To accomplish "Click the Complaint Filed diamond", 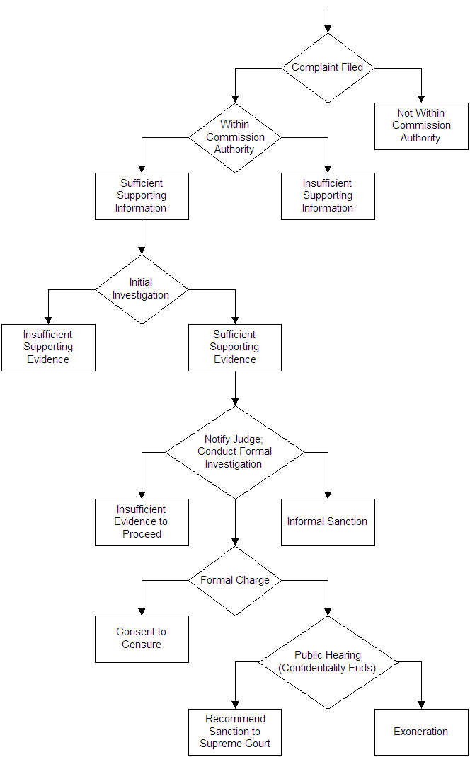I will point(328,68).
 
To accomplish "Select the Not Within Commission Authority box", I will point(421,126).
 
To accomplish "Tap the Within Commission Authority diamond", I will point(234,137).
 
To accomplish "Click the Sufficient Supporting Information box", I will point(142,196).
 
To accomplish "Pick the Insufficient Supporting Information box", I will point(328,196).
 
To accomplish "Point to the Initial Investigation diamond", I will point(142,289).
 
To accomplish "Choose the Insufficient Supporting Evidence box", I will point(48,347).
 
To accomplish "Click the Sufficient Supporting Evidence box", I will point(234,347).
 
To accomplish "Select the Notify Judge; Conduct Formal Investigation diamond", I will point(234,451).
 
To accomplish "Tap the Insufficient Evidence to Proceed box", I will point(142,522).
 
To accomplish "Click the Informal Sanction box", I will point(328,522).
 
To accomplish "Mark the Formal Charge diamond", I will point(234,580).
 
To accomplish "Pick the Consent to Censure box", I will point(142,639).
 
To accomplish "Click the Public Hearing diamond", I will point(328,662).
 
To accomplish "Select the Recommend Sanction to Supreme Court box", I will point(234,732).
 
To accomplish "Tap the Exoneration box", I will point(421,732).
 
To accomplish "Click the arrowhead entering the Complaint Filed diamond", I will point(328,28).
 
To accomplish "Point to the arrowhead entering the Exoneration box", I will point(421,704).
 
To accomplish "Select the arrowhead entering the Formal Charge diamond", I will point(235,541).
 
